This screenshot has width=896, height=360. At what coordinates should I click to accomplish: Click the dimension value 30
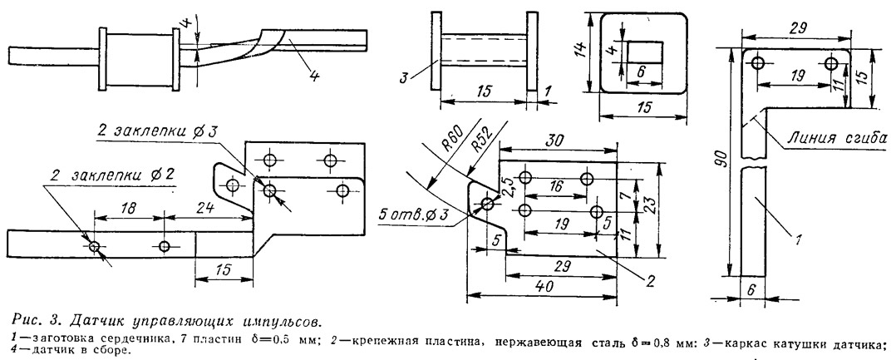tap(555, 142)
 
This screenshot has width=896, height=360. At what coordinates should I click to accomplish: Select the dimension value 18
tap(129, 209)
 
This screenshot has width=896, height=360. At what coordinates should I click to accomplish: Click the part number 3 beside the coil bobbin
tap(402, 77)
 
